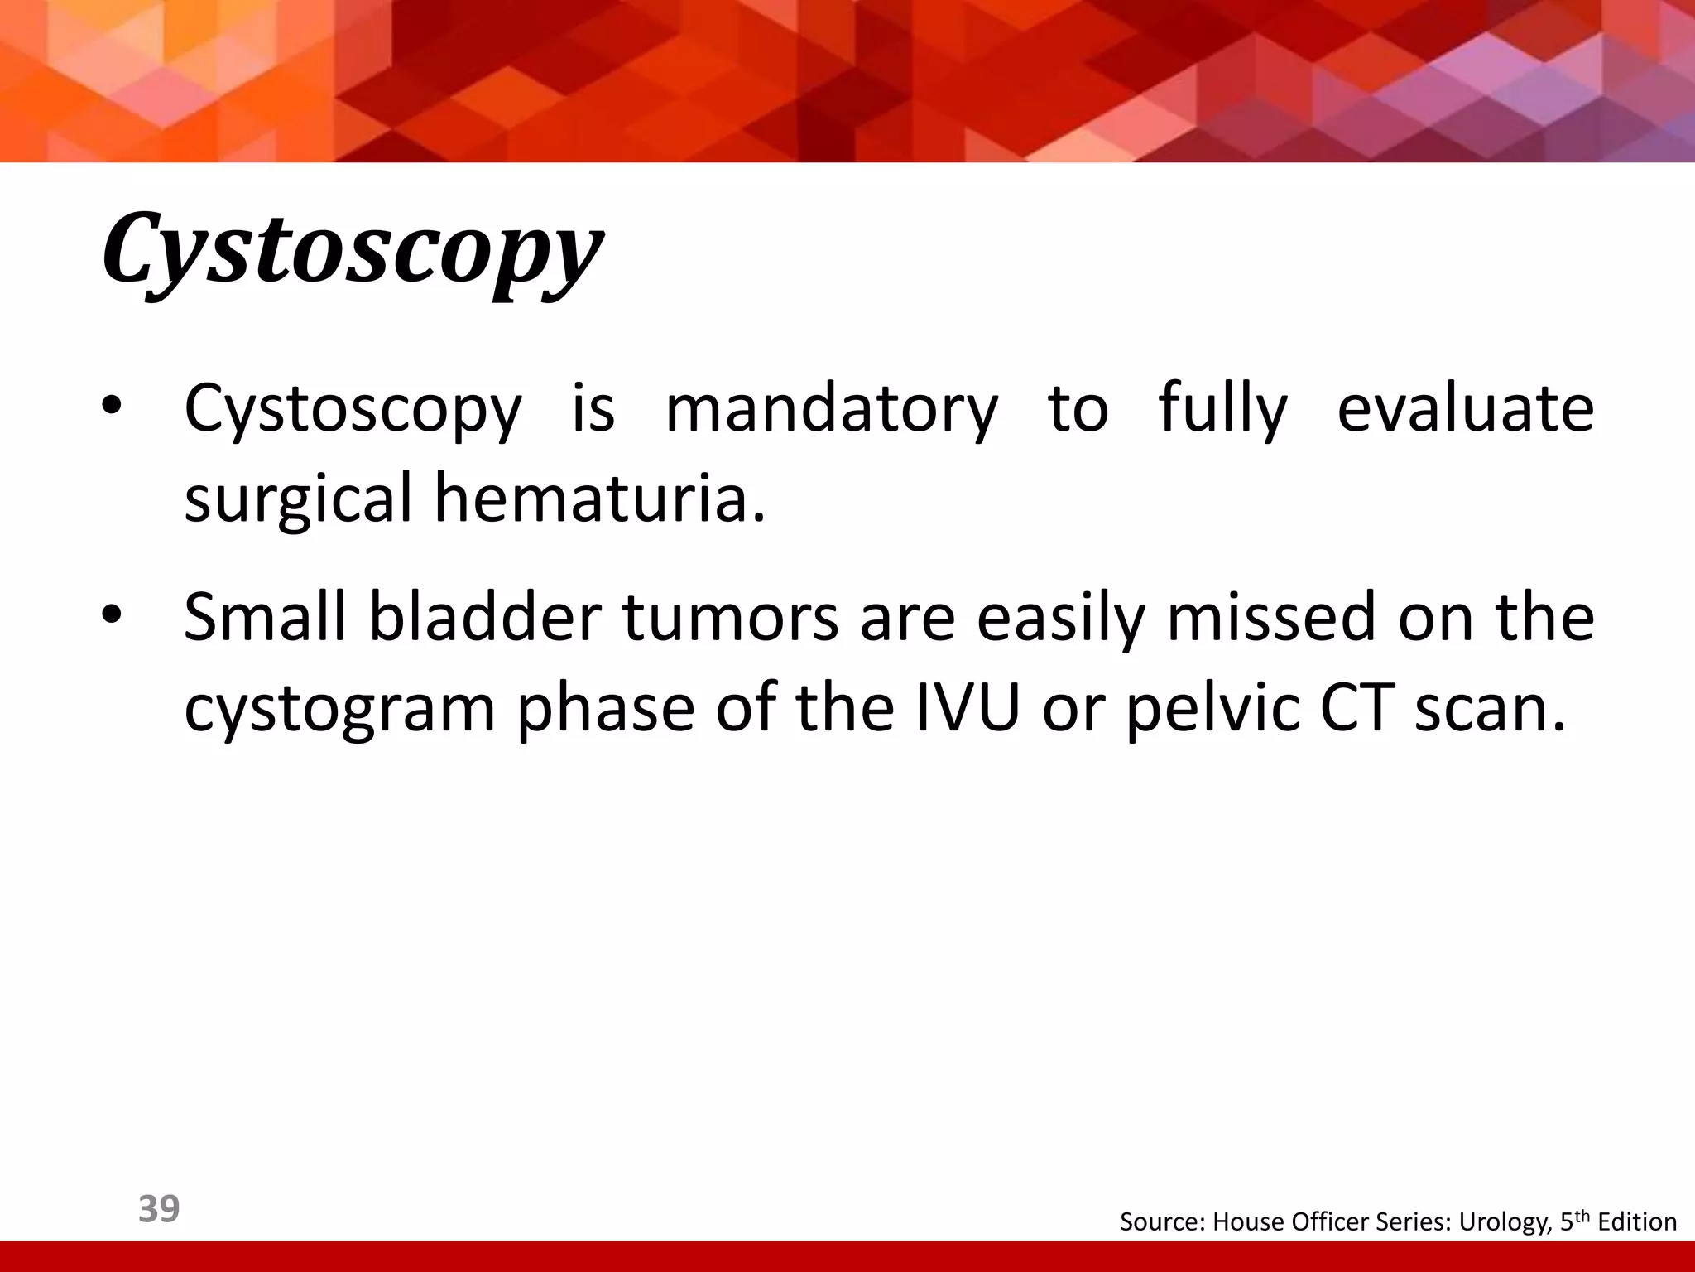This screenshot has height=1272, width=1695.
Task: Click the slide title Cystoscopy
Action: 352,248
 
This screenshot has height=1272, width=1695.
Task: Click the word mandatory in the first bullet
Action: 832,408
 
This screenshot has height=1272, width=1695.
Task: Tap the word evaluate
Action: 1466,408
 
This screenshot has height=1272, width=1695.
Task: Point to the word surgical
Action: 298,499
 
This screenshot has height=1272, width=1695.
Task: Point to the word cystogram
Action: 339,710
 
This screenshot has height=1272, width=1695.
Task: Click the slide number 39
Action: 159,1209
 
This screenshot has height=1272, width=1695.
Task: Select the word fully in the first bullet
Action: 1223,408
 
